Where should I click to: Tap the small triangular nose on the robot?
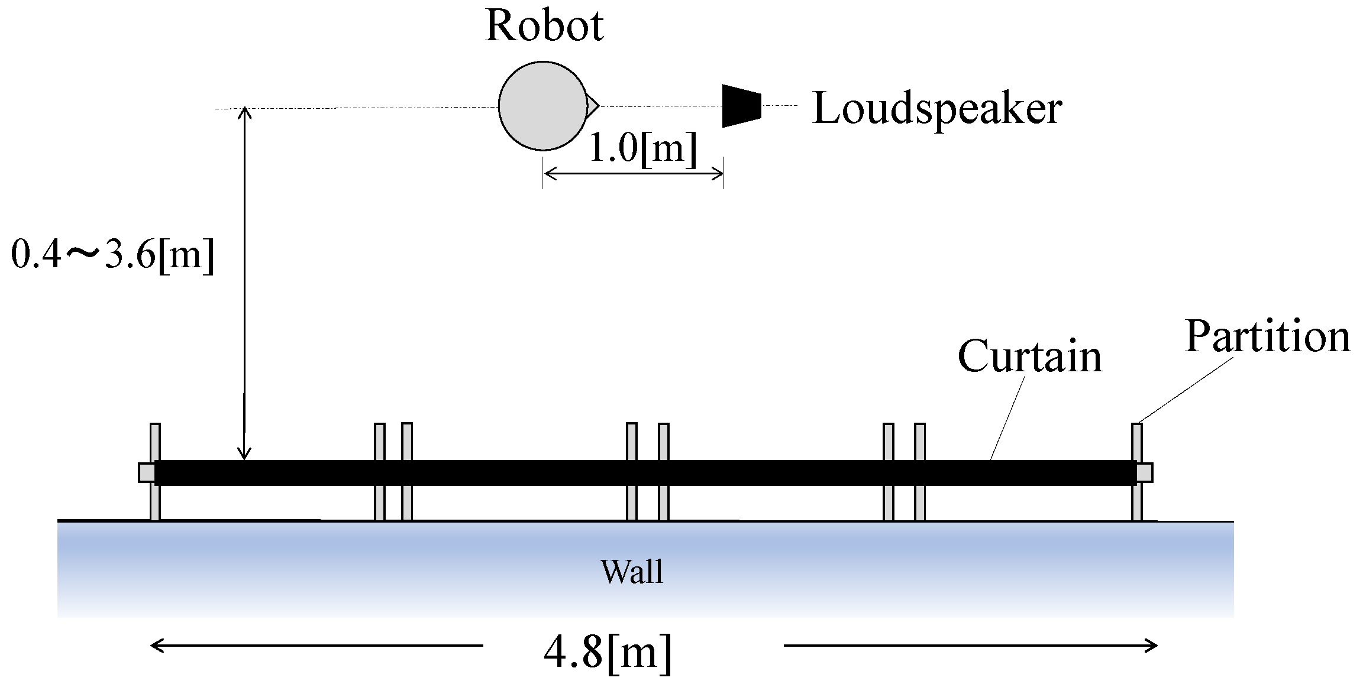point(592,106)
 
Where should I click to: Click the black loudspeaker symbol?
point(741,106)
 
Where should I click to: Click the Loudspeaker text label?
point(937,109)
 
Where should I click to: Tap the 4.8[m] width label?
point(608,652)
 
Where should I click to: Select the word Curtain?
point(1030,356)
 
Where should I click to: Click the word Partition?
point(1268,336)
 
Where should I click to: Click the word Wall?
point(632,572)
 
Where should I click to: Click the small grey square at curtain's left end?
point(146,473)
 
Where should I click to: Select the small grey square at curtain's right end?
point(1145,473)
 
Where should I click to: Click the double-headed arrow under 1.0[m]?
point(633,173)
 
